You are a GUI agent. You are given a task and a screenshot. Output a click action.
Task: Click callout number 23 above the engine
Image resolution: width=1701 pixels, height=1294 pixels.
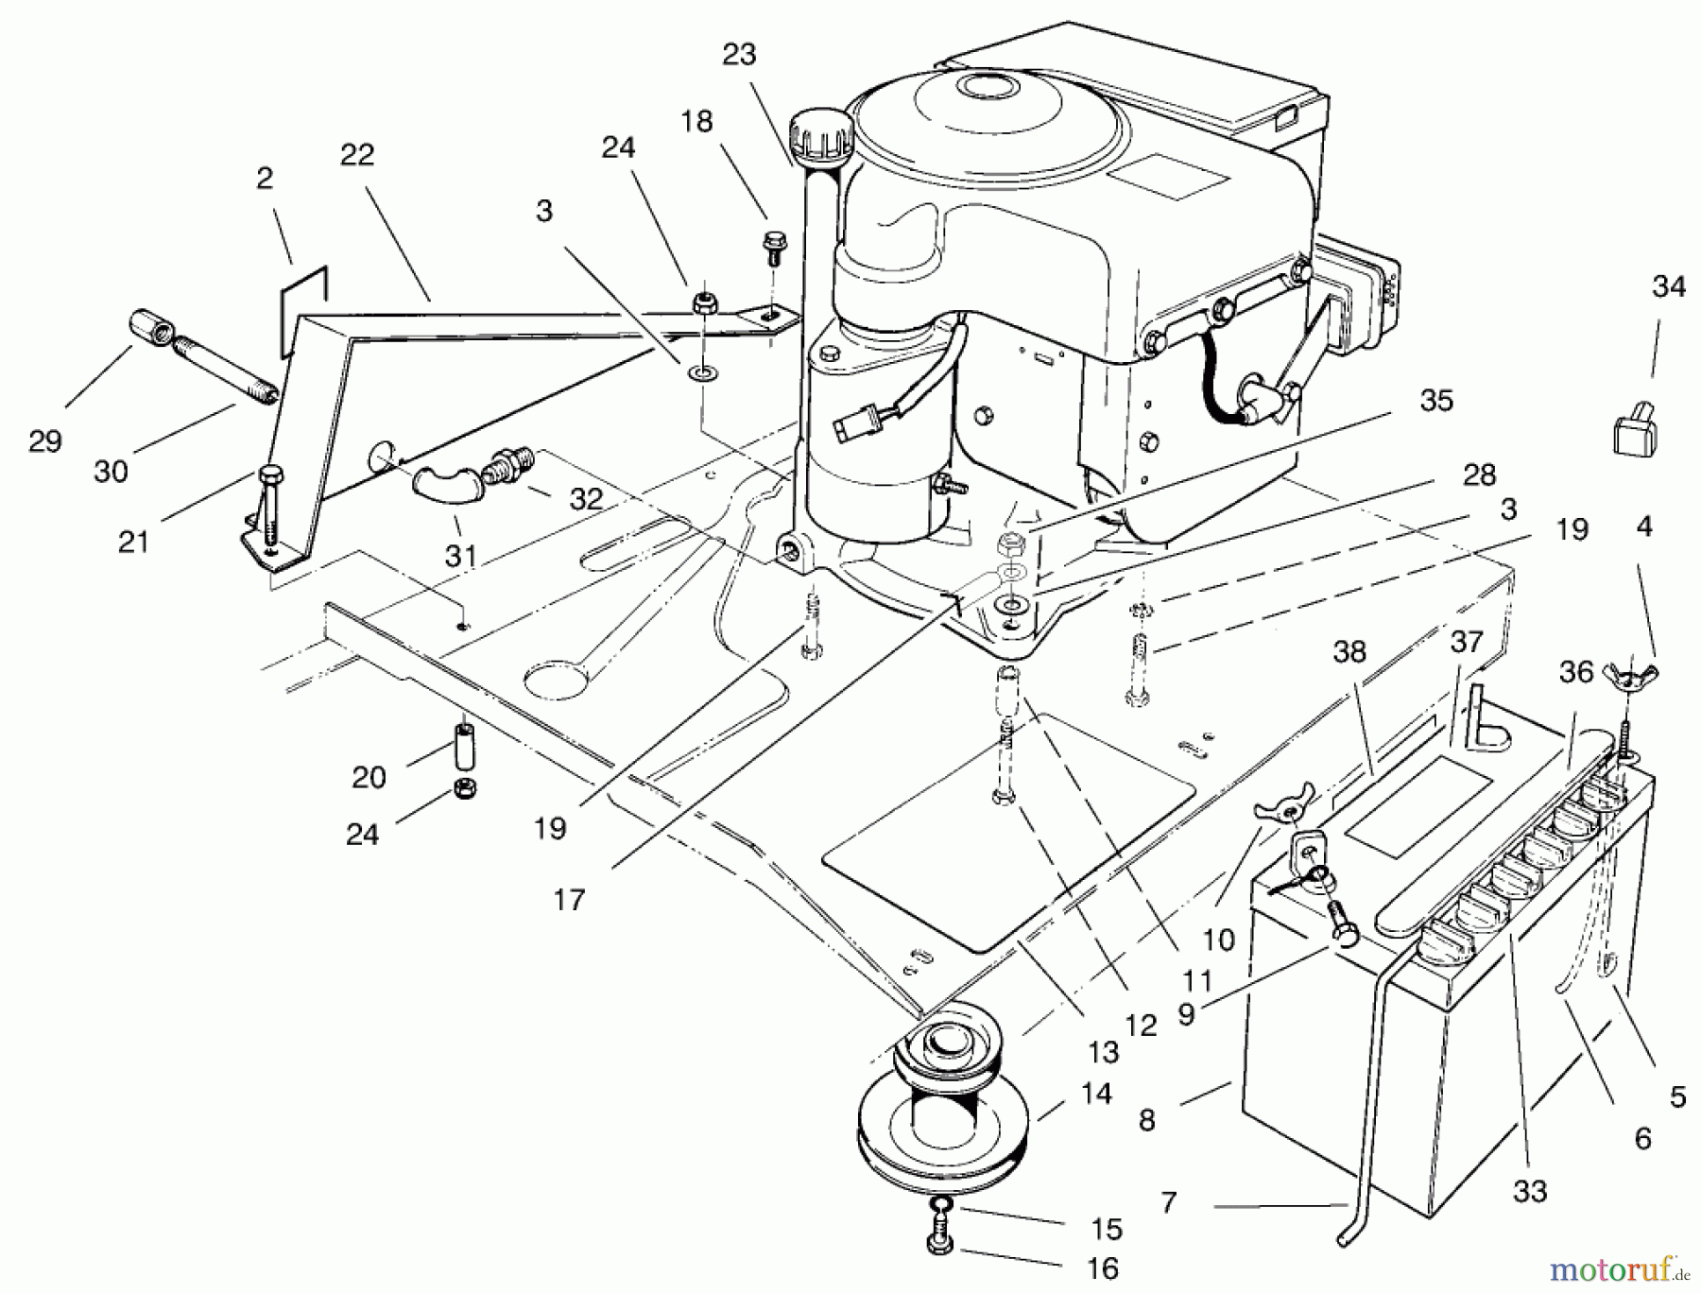tap(739, 55)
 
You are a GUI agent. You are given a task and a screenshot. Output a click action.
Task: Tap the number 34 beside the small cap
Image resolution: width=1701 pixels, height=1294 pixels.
tap(1669, 286)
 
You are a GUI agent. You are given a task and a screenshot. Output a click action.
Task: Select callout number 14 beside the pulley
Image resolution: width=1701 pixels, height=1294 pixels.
tap(1095, 1094)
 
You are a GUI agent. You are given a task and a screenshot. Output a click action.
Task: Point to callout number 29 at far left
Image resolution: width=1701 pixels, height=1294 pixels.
tap(45, 441)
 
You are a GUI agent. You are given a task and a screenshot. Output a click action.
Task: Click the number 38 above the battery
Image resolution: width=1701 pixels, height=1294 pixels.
tap(1349, 652)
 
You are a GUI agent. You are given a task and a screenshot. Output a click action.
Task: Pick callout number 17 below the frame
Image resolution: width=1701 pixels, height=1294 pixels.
tap(569, 899)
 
